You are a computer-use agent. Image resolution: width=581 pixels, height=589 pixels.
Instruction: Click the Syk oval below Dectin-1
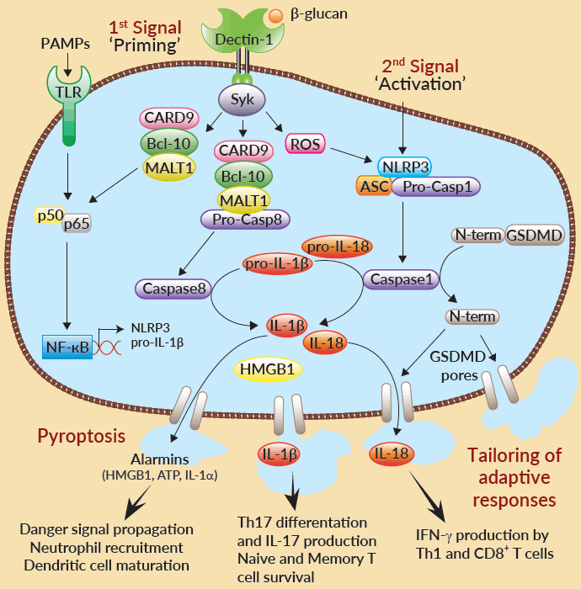tap(243, 98)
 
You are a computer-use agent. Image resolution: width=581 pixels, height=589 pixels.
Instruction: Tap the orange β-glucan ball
tap(275, 14)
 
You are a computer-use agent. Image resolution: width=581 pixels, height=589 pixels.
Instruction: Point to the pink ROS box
tap(304, 144)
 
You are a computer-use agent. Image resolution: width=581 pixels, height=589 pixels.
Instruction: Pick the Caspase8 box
tap(171, 289)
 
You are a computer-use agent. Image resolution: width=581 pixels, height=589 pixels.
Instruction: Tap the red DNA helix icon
tap(107, 346)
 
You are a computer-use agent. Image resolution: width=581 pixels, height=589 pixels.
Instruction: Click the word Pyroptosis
tap(82, 436)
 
